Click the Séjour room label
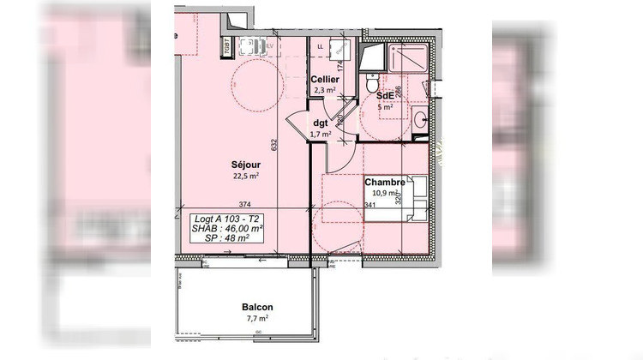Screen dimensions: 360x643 coord(246,165)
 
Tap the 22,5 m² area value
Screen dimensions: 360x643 coord(246,177)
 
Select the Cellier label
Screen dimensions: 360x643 coord(326,80)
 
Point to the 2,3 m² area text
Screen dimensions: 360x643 coord(325,90)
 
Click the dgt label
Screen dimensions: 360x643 coord(321,123)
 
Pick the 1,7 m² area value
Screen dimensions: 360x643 coord(320,135)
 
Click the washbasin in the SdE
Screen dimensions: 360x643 coord(419,120)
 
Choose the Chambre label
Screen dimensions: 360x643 coord(384,183)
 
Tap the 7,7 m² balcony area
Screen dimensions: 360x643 coord(256,318)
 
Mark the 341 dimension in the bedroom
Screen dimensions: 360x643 coord(370,205)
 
